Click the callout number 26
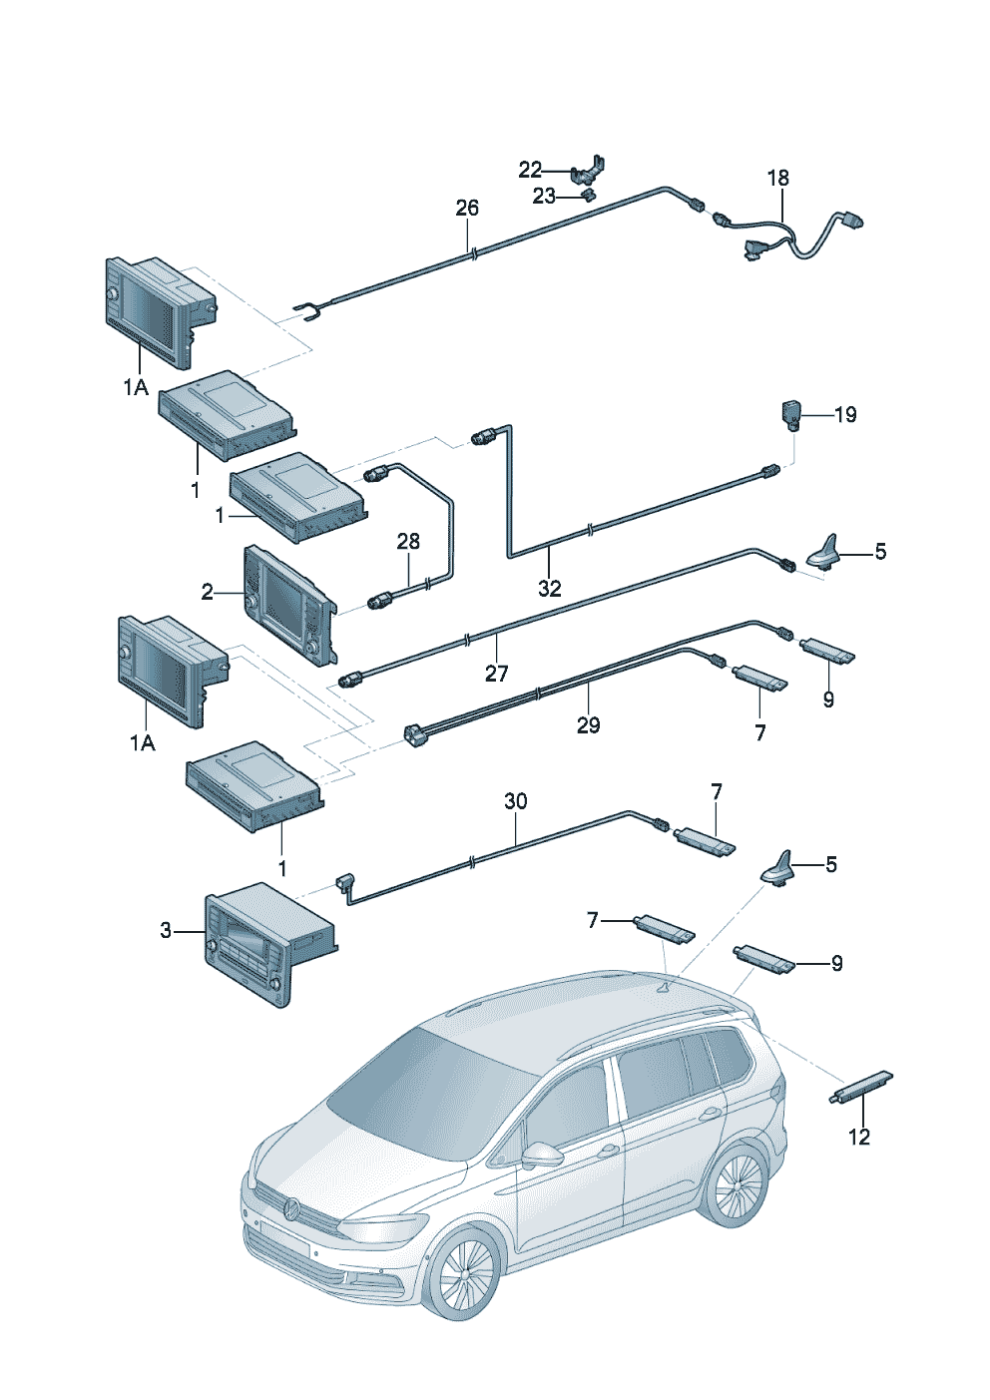pyautogui.click(x=467, y=208)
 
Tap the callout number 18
pyautogui.click(x=778, y=179)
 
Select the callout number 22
pyautogui.click(x=530, y=170)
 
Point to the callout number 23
pyautogui.click(x=544, y=197)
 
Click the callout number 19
pyautogui.click(x=845, y=414)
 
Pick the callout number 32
pyautogui.click(x=549, y=588)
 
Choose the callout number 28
pyautogui.click(x=408, y=541)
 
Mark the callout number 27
pyautogui.click(x=497, y=674)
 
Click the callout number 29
pyautogui.click(x=588, y=725)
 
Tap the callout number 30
pyautogui.click(x=515, y=801)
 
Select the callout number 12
pyautogui.click(x=859, y=1137)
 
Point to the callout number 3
pyautogui.click(x=165, y=931)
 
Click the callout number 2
pyautogui.click(x=207, y=592)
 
